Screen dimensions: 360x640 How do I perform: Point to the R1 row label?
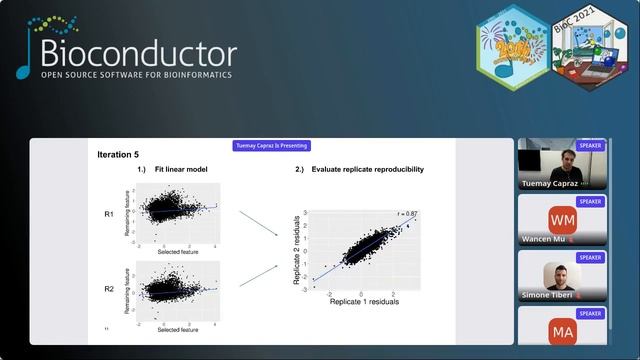(x=109, y=214)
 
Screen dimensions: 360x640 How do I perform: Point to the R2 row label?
(x=109, y=291)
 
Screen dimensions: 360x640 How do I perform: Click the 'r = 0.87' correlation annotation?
(x=406, y=214)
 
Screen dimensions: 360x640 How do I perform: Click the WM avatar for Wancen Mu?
(x=563, y=218)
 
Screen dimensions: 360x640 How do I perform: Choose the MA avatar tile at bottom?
(x=563, y=330)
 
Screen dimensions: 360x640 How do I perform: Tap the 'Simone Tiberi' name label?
(x=546, y=296)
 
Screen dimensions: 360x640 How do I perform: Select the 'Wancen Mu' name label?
(x=544, y=240)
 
